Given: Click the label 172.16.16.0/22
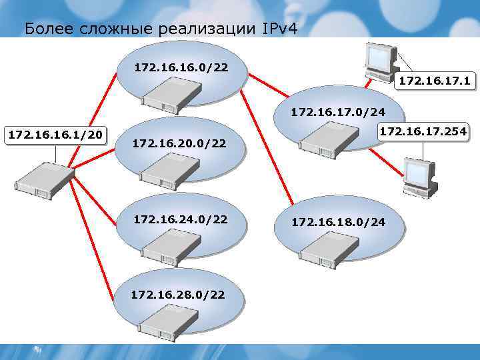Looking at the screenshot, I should pyautogui.click(x=180, y=67).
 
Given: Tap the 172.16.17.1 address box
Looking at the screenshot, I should pyautogui.click(x=435, y=81).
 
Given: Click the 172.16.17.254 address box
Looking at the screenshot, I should pyautogui.click(x=423, y=132).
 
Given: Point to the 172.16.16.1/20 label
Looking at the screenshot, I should pyautogui.click(x=55, y=135).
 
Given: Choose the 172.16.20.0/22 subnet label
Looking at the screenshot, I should pyautogui.click(x=179, y=143).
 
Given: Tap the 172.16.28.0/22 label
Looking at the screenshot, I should pyautogui.click(x=177, y=293).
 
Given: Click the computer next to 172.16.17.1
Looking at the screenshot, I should pyautogui.click(x=381, y=61).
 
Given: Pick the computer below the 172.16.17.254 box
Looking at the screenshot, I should pyautogui.click(x=419, y=176).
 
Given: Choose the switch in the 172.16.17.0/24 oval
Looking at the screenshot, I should pyautogui.click(x=327, y=137).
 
